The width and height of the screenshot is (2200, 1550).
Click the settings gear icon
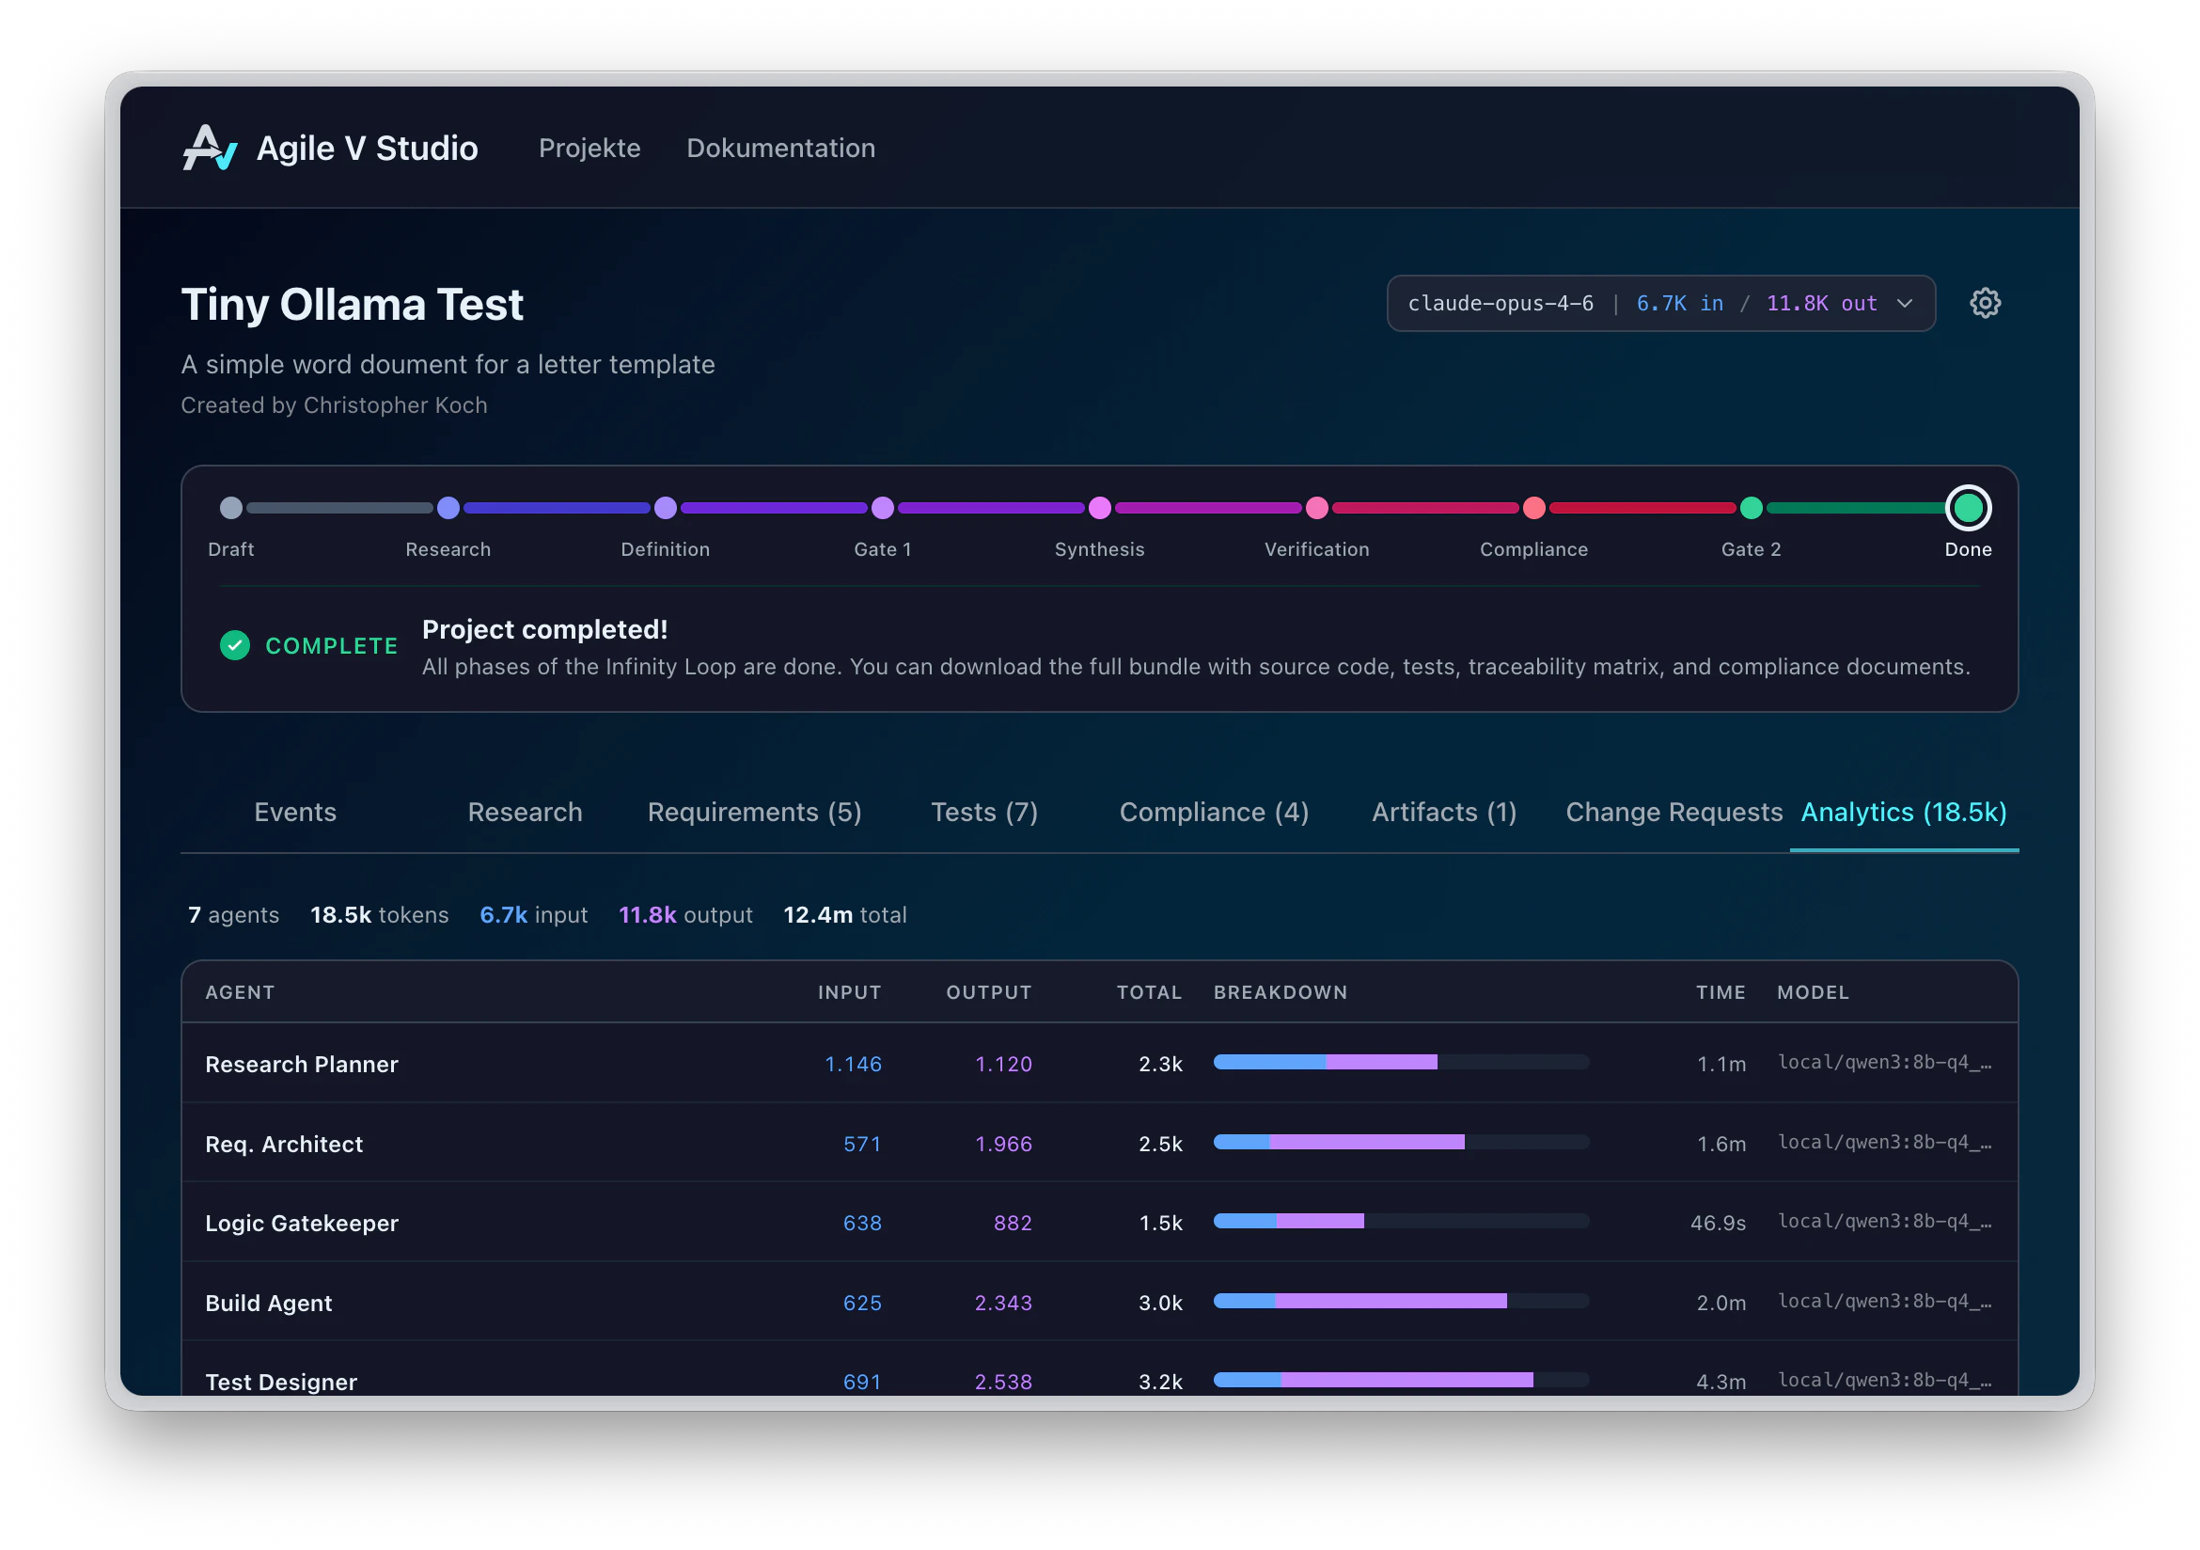1985,303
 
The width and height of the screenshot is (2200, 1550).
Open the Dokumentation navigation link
780,149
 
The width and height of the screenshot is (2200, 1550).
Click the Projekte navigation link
589,149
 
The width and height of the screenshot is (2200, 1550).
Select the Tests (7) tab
984,812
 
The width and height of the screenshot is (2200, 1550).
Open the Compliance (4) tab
1213,812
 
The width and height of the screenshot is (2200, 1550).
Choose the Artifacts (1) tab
1443,812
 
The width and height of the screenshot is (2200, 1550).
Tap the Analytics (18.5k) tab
1903,812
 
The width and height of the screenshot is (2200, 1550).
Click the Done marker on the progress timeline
1967,508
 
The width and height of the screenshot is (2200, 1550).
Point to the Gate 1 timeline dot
883,508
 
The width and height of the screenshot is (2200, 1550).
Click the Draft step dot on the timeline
231,508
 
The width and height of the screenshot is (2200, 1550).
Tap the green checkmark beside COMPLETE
235,645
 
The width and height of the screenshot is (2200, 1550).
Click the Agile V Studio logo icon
209,149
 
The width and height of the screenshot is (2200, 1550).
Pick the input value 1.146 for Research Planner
853,1064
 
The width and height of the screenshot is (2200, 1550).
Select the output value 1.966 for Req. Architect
1003,1144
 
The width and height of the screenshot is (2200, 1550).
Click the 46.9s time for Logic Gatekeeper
1717,1223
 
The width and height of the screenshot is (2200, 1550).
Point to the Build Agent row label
268,1303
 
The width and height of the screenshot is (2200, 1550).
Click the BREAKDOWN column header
1281,992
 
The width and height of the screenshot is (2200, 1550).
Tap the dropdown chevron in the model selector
1904,304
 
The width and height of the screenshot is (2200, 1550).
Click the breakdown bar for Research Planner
1401,1062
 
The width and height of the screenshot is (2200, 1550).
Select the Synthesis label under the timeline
1099,549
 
